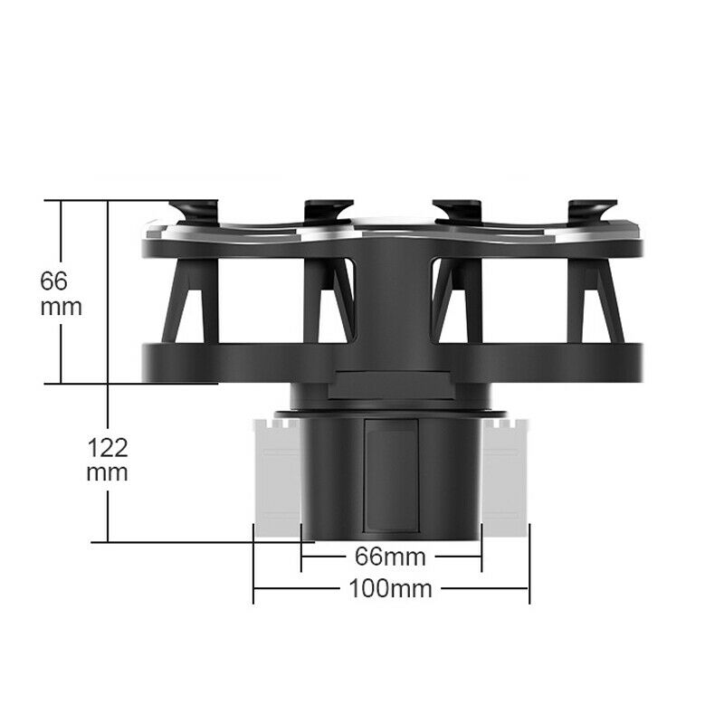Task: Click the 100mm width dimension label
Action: pyautogui.click(x=391, y=589)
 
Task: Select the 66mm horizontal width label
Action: pyautogui.click(x=390, y=557)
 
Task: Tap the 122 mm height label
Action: pyautogui.click(x=107, y=460)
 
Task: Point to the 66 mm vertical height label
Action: pyautogui.click(x=61, y=293)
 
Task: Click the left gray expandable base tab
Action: pyautogui.click(x=277, y=478)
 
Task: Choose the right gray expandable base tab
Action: pyautogui.click(x=505, y=478)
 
